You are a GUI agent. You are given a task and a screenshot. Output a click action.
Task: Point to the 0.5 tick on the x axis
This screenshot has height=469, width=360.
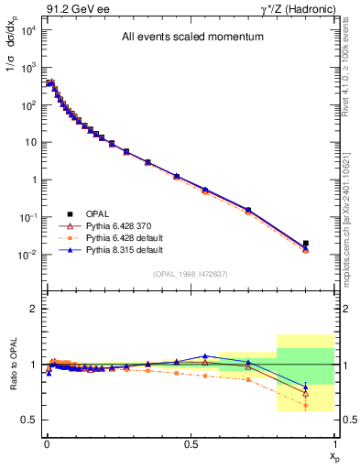click(191, 443)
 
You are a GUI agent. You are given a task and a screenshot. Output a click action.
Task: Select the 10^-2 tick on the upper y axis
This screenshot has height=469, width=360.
click(27, 255)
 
